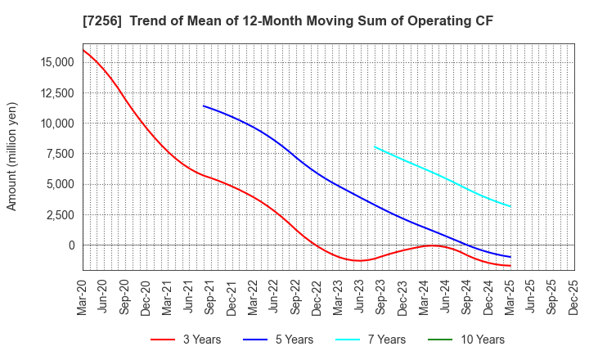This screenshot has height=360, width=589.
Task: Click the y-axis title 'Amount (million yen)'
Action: pos(12,156)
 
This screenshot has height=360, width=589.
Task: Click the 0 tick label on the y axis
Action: pos(70,245)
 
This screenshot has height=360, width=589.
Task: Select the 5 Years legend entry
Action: pos(286,340)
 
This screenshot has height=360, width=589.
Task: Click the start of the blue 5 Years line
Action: pos(204,106)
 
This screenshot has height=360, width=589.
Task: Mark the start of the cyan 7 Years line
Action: pos(374,147)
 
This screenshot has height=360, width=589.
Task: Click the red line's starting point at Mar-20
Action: pos(83,50)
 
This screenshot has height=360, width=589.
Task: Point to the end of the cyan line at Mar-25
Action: pos(511,206)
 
